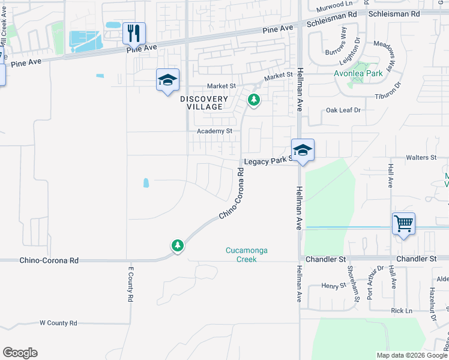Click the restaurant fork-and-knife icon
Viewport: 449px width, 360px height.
pos(134,32)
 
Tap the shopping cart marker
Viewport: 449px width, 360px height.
pos(404,224)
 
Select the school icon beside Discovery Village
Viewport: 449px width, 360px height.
pos(167,80)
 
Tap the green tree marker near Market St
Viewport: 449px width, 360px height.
pos(254,100)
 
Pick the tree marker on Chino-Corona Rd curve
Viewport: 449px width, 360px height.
pos(177,245)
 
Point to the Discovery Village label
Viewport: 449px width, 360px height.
pos(205,103)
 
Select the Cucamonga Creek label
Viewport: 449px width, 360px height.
pos(241,254)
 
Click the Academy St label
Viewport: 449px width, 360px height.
pos(214,131)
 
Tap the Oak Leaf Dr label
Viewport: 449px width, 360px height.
pos(343,110)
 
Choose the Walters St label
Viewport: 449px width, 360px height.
pos(421,157)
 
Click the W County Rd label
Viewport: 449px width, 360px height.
pos(58,323)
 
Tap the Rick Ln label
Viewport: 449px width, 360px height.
pos(402,310)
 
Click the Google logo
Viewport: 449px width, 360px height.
pos(20,353)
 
